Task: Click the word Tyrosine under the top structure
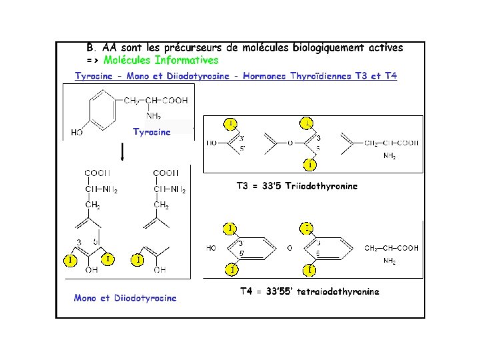click(151, 131)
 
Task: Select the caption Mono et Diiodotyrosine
click(125, 298)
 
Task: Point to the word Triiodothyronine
click(321, 186)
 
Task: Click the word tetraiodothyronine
click(339, 291)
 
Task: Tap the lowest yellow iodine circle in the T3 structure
click(311, 164)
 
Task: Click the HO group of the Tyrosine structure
click(77, 132)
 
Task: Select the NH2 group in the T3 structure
click(389, 157)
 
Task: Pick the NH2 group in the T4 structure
click(389, 262)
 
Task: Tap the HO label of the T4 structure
click(211, 248)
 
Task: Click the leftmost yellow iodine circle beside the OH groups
click(69, 259)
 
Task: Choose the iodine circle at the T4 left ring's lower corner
click(231, 269)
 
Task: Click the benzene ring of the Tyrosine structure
click(100, 110)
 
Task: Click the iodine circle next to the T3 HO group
click(231, 123)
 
